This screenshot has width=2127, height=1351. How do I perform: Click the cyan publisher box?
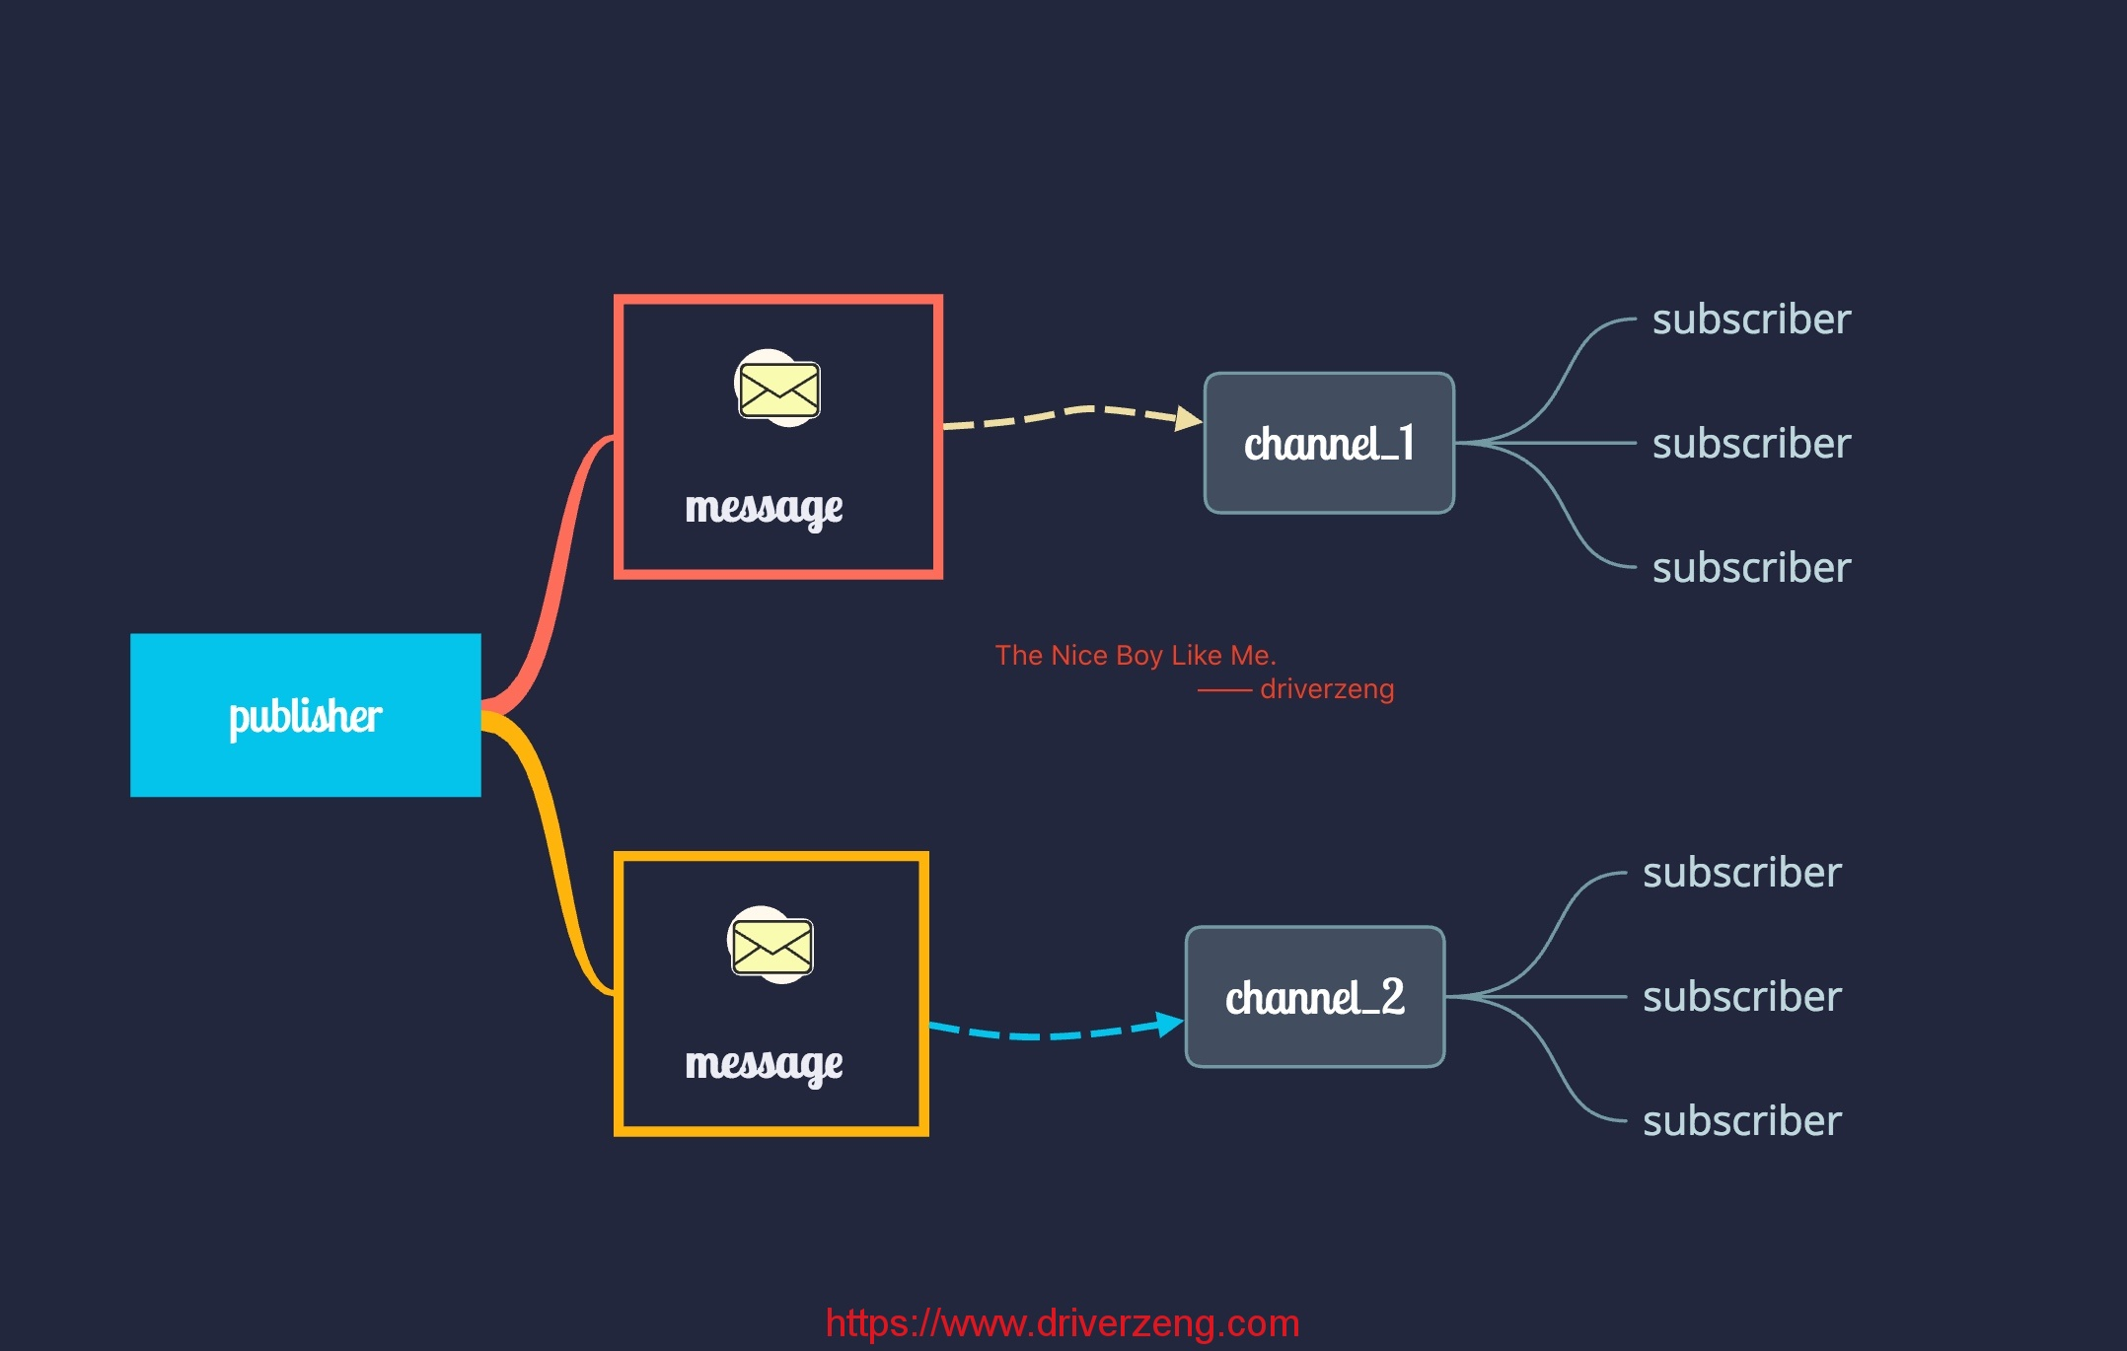306,715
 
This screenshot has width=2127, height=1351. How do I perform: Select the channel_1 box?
1329,443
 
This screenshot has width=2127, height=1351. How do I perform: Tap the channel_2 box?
1315,997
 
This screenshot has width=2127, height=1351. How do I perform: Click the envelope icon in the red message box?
778,388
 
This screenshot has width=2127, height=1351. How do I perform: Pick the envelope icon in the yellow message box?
770,945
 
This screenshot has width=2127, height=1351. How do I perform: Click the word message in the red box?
764,508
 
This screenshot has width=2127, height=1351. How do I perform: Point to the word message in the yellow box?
764,1064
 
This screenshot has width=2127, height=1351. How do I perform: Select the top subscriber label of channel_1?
1751,319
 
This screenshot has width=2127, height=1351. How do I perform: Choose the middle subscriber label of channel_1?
1751,443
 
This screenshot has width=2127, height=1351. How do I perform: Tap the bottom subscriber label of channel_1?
1751,567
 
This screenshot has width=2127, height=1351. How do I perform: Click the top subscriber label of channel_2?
1742,872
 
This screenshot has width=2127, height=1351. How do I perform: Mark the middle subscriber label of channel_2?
1742,996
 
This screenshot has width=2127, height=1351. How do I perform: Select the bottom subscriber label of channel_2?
1742,1120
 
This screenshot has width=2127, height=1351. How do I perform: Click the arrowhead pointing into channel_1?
1190,419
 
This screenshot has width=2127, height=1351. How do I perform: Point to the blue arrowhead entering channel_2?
1171,1024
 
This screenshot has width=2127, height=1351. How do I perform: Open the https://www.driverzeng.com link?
1063,1322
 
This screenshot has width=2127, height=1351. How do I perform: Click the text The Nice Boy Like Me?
1136,655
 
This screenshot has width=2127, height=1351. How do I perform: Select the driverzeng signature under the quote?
1327,688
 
